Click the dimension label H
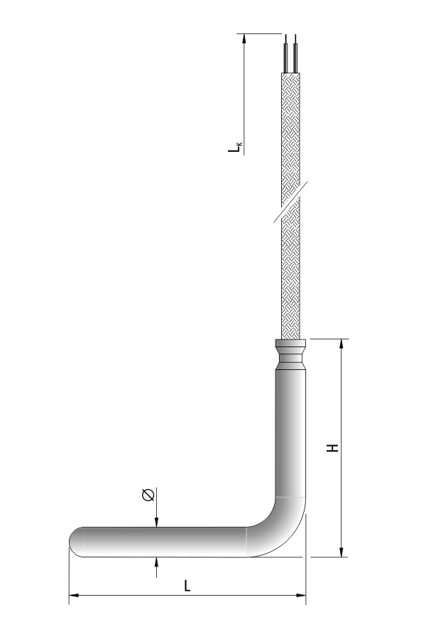pyautogui.click(x=333, y=447)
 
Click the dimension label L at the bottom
pyautogui.click(x=187, y=586)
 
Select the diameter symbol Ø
pyautogui.click(x=148, y=495)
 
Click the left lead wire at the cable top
pyautogui.click(x=286, y=53)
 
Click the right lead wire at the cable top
pyautogui.click(x=295, y=53)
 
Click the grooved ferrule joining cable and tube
pyautogui.click(x=290, y=354)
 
